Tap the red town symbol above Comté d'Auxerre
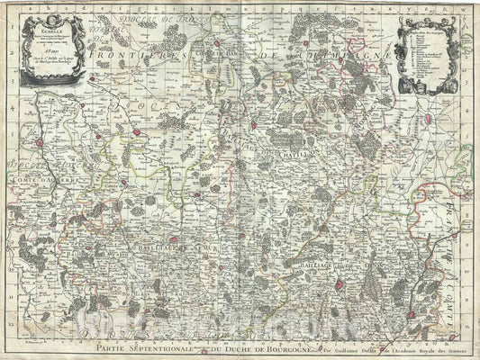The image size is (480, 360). [40, 141]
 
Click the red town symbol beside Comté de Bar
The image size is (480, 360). [217, 42]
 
